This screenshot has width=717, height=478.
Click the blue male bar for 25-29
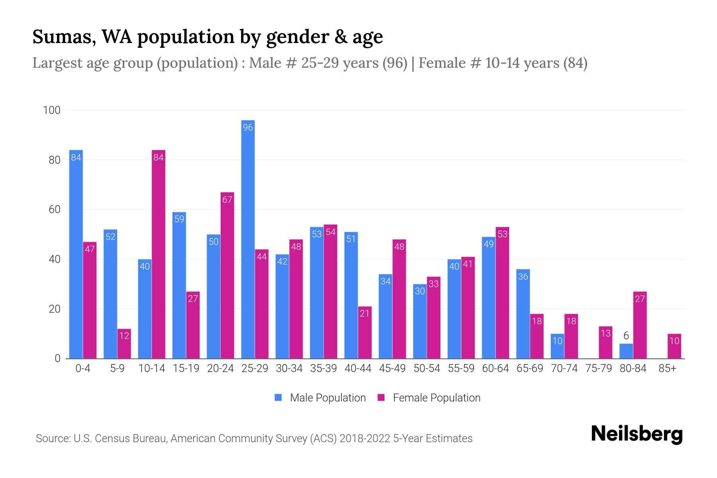[x=248, y=239]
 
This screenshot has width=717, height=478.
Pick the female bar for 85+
[x=674, y=346]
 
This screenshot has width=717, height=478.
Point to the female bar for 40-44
[x=365, y=333]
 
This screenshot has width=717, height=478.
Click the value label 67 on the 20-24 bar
[x=227, y=200]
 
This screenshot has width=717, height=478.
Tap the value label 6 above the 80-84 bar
[x=626, y=336]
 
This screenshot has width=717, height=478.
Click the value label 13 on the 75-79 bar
[x=605, y=333]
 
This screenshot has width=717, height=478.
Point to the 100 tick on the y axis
[x=52, y=110]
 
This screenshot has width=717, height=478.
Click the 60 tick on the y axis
[x=54, y=210]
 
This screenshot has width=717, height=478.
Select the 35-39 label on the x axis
[x=323, y=368]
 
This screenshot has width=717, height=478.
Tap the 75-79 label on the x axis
[x=599, y=368]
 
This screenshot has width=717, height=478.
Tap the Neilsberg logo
[x=637, y=434]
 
